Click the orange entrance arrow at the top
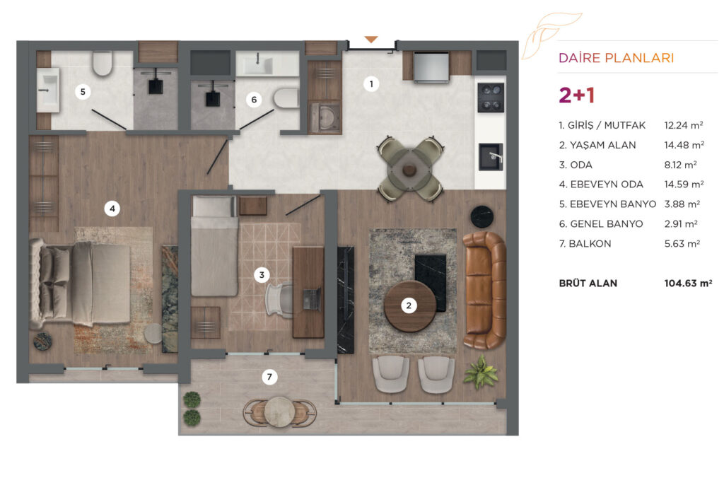click(370, 40)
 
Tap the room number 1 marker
click(371, 84)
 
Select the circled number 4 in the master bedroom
click(112, 209)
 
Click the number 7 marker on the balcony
click(269, 377)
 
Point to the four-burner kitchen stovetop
click(491, 98)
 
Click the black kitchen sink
click(491, 158)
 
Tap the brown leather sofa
click(484, 290)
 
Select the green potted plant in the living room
click(481, 372)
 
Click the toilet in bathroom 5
click(102, 63)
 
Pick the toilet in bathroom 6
click(286, 98)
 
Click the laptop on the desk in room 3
click(312, 299)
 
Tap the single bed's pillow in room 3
click(214, 206)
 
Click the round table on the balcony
click(279, 411)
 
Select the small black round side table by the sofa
click(482, 216)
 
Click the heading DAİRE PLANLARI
click(616, 58)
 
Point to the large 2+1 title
click(577, 95)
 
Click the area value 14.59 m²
click(684, 185)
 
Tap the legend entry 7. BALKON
click(585, 244)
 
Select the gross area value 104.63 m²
click(688, 284)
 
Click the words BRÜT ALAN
click(588, 283)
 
